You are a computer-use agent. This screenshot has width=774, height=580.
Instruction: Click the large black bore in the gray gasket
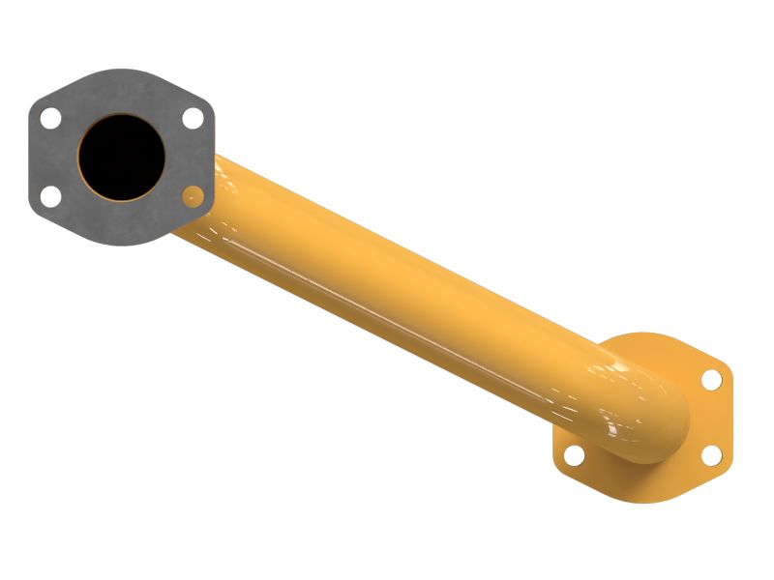(x=121, y=157)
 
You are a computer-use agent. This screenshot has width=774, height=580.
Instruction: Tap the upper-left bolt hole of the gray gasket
(x=50, y=118)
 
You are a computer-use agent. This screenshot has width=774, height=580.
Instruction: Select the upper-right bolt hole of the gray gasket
(x=193, y=118)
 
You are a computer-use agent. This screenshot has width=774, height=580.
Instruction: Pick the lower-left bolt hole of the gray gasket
(x=50, y=196)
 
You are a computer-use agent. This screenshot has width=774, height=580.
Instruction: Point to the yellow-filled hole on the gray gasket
(x=193, y=196)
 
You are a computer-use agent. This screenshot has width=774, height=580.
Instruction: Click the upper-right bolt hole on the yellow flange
(x=711, y=379)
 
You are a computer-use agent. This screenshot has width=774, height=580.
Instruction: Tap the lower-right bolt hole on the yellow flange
(x=711, y=455)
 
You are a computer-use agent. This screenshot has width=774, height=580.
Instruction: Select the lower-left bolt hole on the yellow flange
(x=573, y=455)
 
